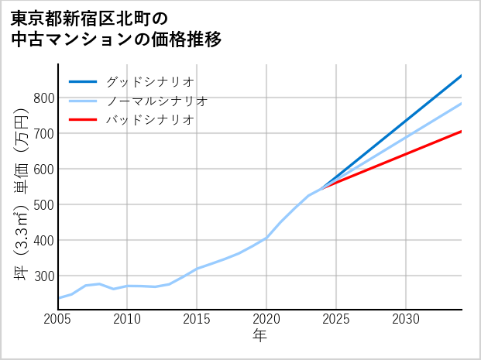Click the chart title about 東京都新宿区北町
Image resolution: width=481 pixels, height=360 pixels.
coord(116,28)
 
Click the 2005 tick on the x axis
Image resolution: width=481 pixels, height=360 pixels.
coord(58,320)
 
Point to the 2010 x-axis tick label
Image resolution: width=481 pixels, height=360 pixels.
coord(127,320)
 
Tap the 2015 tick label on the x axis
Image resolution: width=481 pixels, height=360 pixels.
coord(197,320)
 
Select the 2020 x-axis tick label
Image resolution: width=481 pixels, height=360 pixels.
coord(266,320)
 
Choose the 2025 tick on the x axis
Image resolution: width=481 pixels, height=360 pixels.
coord(336,320)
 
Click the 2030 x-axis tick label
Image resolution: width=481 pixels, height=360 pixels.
coord(406,320)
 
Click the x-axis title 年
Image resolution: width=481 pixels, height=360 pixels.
coord(260,336)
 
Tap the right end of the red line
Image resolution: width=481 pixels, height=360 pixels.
coord(461,132)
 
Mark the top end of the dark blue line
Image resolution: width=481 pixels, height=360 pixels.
coord(461,76)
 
